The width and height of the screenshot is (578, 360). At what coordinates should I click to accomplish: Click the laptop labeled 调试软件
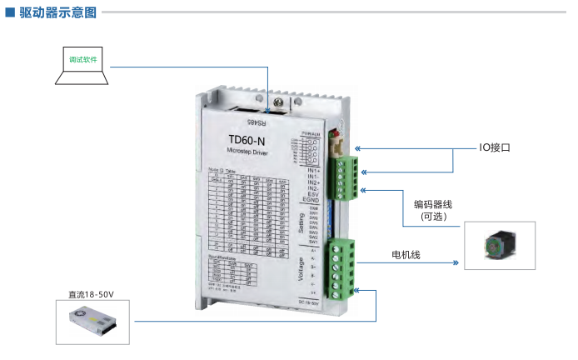(82, 63)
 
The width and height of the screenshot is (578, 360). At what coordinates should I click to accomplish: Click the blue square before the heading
(9, 12)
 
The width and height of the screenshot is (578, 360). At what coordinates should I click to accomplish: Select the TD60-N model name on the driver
(247, 139)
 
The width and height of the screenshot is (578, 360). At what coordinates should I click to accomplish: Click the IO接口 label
(495, 148)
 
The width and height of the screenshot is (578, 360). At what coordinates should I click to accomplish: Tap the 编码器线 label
(435, 203)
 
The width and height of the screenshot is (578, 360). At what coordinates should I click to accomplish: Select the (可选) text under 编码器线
(434, 217)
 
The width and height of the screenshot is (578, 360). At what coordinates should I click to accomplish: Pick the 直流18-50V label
(91, 294)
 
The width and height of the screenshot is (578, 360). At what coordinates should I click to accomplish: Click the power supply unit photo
(91, 321)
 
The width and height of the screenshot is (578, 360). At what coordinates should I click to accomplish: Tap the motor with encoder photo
(499, 245)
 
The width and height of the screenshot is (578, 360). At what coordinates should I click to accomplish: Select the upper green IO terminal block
(343, 177)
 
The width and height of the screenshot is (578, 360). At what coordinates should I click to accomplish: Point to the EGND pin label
(312, 200)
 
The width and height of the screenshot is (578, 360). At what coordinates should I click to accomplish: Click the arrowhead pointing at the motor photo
(456, 263)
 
